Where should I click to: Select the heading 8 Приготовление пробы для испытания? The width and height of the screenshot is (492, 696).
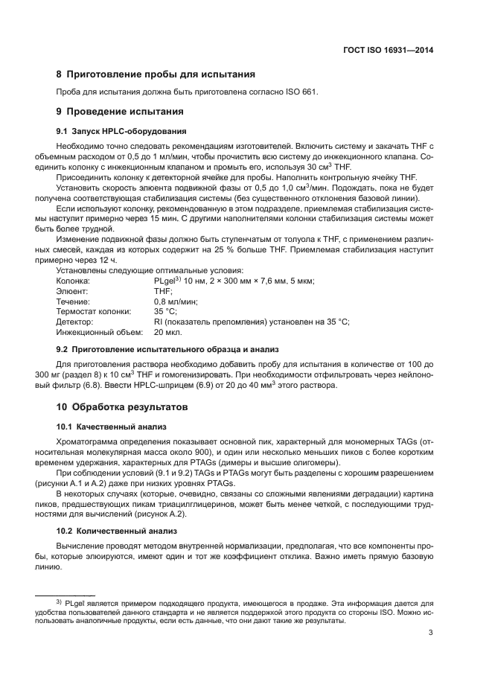click(156, 74)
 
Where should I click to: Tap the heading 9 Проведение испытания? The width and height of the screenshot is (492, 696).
click(121, 112)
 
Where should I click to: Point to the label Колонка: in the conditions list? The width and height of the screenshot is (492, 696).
click(73, 281)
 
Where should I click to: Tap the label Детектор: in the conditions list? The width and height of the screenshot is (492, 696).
click(74, 322)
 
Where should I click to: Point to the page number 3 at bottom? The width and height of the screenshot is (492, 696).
click(431, 634)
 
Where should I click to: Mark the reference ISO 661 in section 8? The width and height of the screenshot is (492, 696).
click(301, 92)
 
